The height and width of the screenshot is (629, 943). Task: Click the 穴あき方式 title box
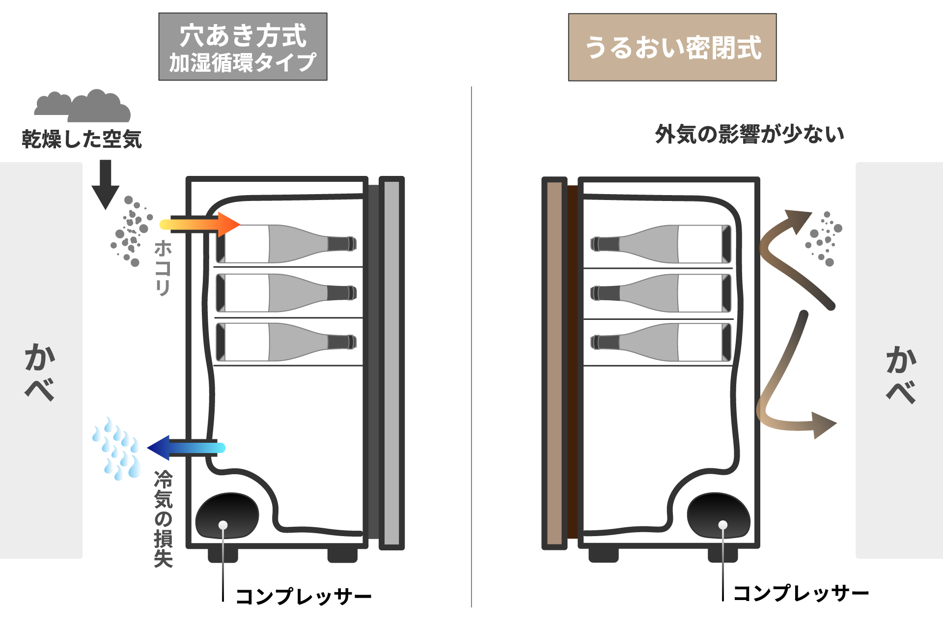pyautogui.click(x=243, y=47)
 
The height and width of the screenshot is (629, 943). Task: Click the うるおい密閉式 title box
pyautogui.click(x=672, y=47)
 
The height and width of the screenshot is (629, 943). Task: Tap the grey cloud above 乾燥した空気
pyautogui.click(x=83, y=106)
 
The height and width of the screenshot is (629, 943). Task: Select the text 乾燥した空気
pyautogui.click(x=82, y=139)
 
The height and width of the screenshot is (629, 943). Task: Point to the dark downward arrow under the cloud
pyautogui.click(x=106, y=184)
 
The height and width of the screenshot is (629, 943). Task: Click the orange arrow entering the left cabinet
pyautogui.click(x=199, y=224)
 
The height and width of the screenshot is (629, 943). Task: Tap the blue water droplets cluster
pyautogui.click(x=117, y=449)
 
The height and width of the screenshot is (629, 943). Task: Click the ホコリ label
pyautogui.click(x=163, y=268)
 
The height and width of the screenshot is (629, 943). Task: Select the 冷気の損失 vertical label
pyautogui.click(x=164, y=518)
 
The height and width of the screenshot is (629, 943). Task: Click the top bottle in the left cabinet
pyautogui.click(x=286, y=244)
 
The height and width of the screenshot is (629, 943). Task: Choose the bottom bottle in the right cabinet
pyautogui.click(x=661, y=342)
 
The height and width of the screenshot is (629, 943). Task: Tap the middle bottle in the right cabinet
pyautogui.click(x=661, y=293)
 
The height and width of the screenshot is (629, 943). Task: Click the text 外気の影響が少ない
pyautogui.click(x=749, y=134)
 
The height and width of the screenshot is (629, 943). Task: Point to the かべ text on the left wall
pyautogui.click(x=39, y=372)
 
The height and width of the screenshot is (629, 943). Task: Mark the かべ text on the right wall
pyautogui.click(x=901, y=374)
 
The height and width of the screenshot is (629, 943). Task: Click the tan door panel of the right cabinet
pyautogui.click(x=554, y=363)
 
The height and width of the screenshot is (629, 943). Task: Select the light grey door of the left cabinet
pyautogui.click(x=391, y=363)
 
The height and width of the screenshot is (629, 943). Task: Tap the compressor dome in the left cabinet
pyautogui.click(x=227, y=516)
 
